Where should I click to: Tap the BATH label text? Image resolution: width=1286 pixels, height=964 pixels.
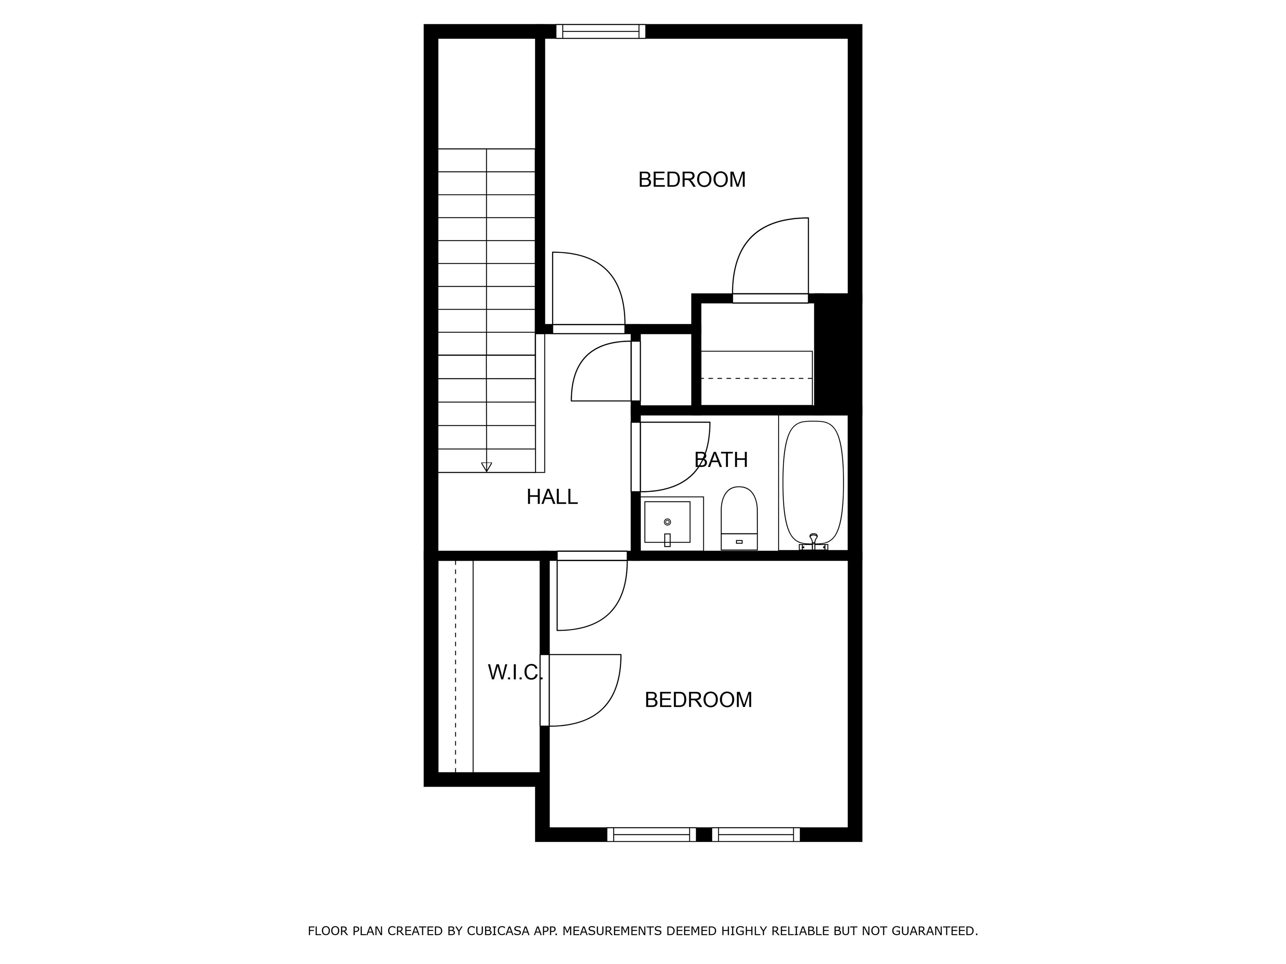721,460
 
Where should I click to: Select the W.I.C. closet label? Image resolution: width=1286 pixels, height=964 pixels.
515,672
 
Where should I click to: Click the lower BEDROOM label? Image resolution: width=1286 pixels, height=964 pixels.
698,700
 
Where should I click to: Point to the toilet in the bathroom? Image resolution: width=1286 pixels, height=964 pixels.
739,518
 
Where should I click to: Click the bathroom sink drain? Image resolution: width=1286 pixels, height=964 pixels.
667,522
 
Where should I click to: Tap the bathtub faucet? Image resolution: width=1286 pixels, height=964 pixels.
813,541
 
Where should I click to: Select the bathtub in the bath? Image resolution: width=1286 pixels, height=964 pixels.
813,482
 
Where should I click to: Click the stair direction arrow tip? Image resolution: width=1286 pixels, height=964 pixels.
486,471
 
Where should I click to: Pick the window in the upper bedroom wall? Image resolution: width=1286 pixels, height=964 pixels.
601,31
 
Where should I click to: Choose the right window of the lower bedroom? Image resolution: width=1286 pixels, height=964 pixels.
756,834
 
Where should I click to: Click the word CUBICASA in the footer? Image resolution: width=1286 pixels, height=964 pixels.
498,931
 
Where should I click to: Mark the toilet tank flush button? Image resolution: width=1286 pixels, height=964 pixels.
739,541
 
